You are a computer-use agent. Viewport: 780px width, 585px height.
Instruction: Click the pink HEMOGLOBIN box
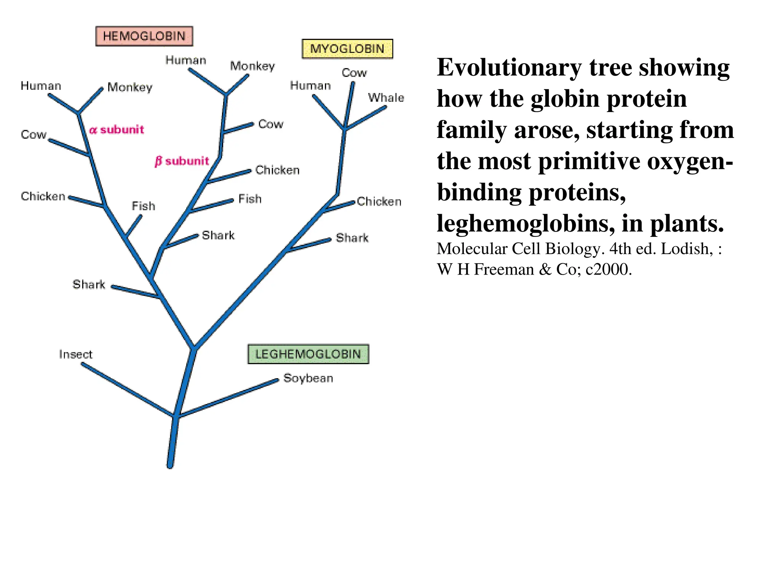pos(144,36)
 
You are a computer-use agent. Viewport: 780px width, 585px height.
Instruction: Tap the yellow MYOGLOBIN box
pos(347,49)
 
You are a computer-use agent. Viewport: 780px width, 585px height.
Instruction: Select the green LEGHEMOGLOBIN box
pos(308,354)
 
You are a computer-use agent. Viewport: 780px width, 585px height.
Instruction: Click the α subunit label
pos(117,129)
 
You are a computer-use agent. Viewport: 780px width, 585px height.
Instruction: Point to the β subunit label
pos(182,161)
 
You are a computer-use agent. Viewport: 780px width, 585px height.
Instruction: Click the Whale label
pos(386,97)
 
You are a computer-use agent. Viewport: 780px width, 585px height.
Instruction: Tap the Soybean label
pos(308,378)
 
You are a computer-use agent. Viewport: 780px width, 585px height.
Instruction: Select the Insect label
pos(75,354)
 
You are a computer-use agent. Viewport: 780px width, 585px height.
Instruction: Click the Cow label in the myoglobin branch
pos(354,72)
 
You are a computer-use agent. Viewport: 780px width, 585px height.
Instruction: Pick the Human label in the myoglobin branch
pos(310,85)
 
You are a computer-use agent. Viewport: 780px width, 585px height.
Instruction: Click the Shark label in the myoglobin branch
pos(352,238)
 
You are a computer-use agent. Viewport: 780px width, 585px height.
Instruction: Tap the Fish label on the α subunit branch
pos(143,206)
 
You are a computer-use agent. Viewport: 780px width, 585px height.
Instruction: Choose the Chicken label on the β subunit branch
pos(277,170)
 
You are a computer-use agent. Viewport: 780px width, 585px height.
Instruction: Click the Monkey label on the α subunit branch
pos(129,87)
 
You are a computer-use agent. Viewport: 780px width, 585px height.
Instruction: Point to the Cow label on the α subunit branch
pos(34,134)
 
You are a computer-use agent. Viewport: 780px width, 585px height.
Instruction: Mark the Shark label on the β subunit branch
pos(218,235)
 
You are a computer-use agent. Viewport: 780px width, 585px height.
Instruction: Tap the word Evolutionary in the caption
pos(509,67)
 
